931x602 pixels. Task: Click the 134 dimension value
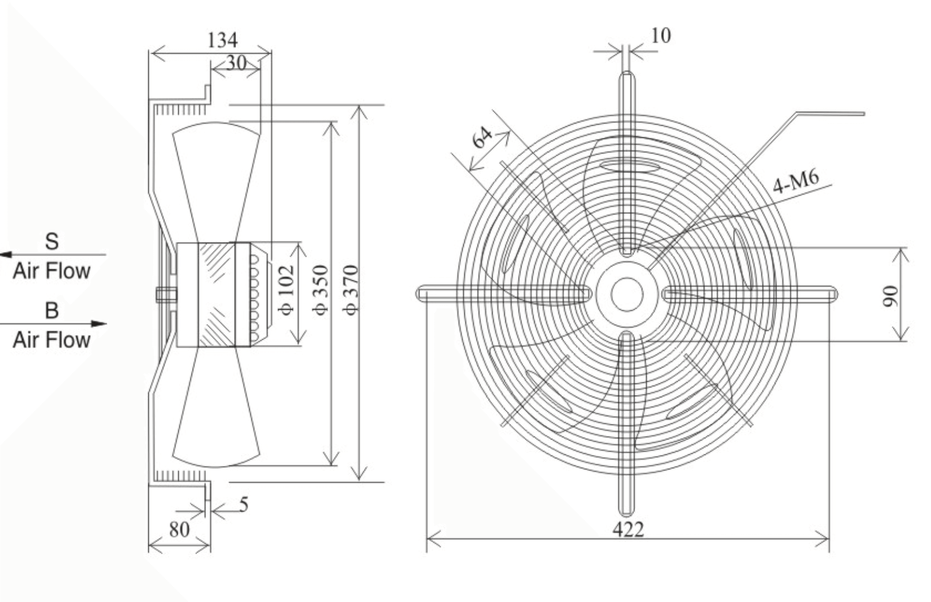pyautogui.click(x=222, y=40)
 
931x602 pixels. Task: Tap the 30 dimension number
pyautogui.click(x=236, y=63)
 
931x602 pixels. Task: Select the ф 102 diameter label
pyautogui.click(x=286, y=289)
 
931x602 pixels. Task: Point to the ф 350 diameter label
pyautogui.click(x=321, y=289)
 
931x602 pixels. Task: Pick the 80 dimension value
pyautogui.click(x=179, y=529)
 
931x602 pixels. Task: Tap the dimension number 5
pyautogui.click(x=244, y=505)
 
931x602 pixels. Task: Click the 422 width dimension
pyautogui.click(x=628, y=529)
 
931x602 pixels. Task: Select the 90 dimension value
pyautogui.click(x=890, y=296)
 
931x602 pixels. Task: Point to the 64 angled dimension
pyautogui.click(x=482, y=137)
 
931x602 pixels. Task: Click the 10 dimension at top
pyautogui.click(x=660, y=36)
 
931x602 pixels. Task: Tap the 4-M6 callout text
pyautogui.click(x=796, y=182)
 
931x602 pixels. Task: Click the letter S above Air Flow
pyautogui.click(x=51, y=242)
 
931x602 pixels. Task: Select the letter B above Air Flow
pyautogui.click(x=51, y=310)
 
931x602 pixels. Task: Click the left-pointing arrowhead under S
pyautogui.click(x=6, y=254)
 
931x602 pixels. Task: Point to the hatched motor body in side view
pyautogui.click(x=216, y=295)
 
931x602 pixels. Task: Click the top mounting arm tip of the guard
pyautogui.click(x=627, y=75)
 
